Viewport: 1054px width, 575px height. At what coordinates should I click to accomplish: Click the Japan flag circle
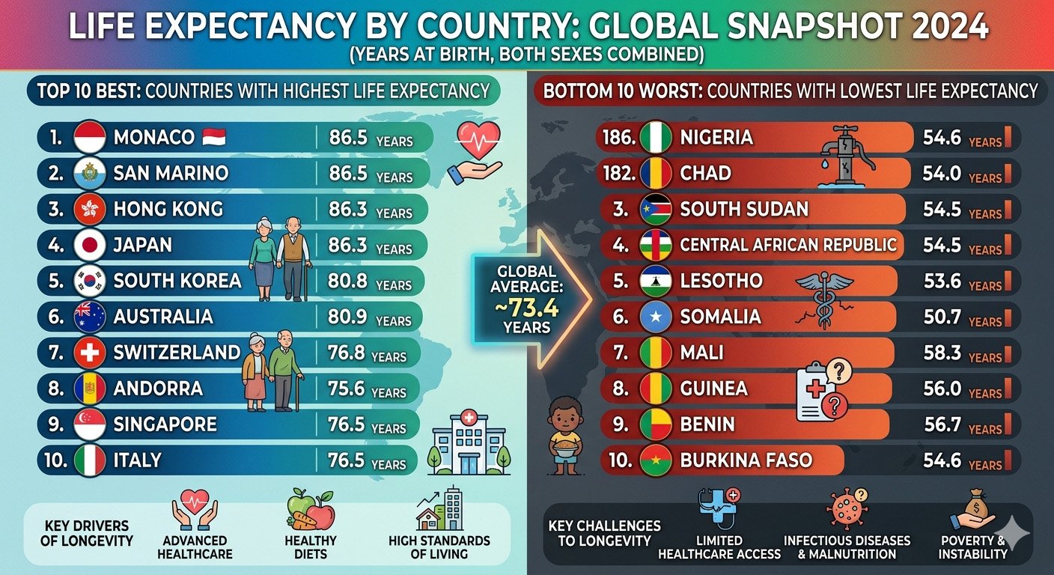point(90,245)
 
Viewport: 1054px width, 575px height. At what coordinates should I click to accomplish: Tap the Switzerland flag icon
point(90,353)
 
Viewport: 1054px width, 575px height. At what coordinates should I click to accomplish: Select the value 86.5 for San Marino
point(348,174)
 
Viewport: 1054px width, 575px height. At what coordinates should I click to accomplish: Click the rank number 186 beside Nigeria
point(618,138)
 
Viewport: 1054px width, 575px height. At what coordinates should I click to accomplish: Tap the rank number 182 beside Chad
point(618,174)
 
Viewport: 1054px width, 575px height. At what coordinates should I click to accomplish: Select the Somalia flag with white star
point(656,317)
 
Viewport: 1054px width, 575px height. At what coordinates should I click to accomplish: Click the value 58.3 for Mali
point(942,353)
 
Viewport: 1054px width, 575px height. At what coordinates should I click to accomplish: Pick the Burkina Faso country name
point(746,460)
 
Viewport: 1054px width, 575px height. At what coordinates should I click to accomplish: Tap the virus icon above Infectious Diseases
point(847,509)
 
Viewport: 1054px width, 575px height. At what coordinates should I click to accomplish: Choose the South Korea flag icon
point(90,282)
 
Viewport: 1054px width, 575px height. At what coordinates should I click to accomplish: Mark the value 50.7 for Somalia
point(942,317)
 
